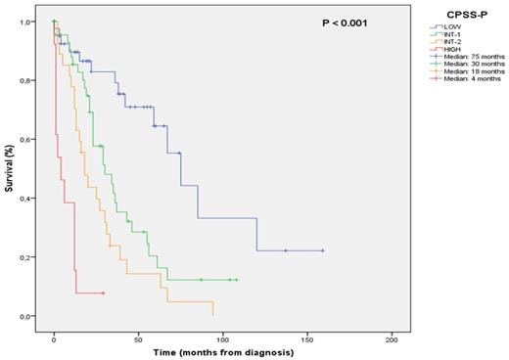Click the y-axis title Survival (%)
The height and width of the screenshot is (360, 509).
point(10,170)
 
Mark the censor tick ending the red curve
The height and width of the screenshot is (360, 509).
point(103,293)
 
